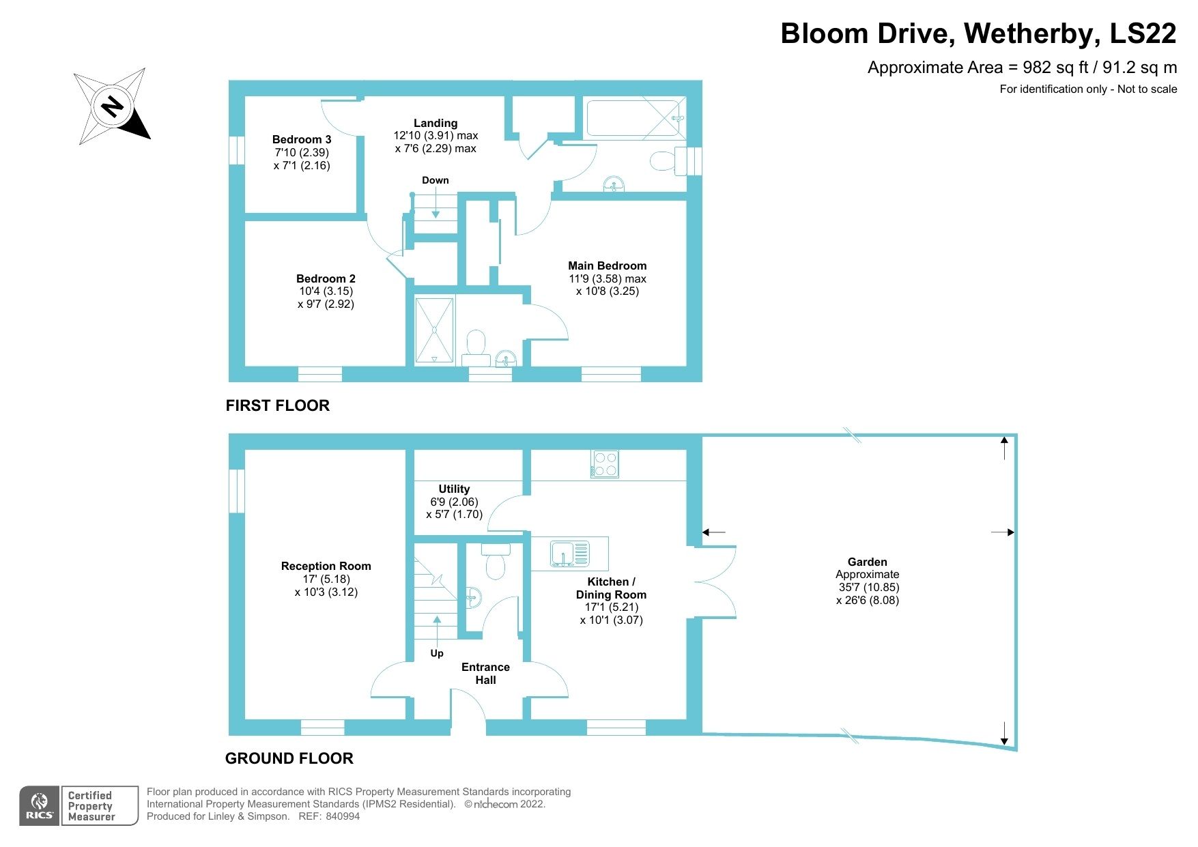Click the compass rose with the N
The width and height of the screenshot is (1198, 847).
pos(112,106)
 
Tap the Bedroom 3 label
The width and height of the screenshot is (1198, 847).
pos(302,139)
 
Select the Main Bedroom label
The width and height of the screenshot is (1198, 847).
pos(607,265)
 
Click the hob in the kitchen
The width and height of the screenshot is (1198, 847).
pos(605,464)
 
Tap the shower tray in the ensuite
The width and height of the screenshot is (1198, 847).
pos(434,330)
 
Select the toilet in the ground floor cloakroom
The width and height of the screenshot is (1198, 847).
pos(496,564)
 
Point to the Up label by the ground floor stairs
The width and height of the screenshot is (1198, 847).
pos(437,653)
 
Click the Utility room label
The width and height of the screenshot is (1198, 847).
pos(454,489)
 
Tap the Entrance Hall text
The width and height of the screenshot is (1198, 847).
pos(485,673)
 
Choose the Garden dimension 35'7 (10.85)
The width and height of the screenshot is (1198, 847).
pos(868,587)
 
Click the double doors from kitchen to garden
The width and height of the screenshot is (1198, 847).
pos(717,582)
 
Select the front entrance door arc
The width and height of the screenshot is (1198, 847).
pos(468,710)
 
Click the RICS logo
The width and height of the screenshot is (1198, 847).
pos(40,806)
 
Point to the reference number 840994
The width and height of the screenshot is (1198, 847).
pos(343,816)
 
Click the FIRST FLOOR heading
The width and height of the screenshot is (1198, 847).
pos(278,405)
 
